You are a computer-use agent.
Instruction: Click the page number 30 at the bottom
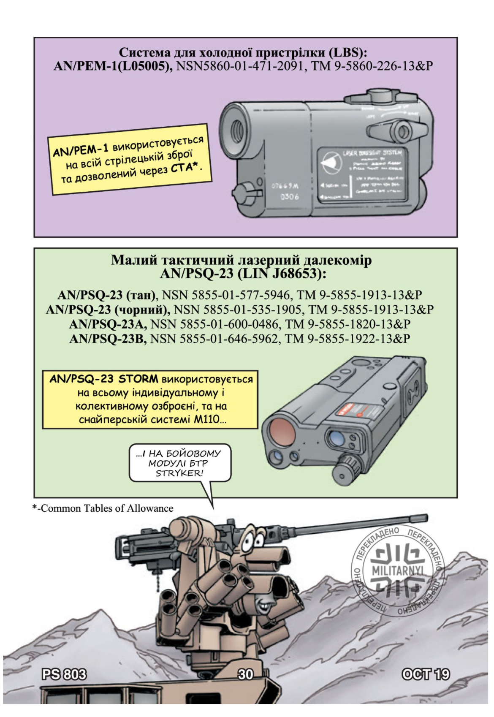coord(245,674)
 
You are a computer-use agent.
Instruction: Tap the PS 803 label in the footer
coord(64,674)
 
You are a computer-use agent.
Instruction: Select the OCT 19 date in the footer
coord(426,674)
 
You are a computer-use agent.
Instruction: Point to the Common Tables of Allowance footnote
coord(103,508)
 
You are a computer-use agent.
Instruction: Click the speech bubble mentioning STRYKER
coord(180,463)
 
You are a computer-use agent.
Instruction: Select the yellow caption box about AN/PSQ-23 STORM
coord(150,399)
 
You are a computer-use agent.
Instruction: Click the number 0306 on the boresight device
coord(290,197)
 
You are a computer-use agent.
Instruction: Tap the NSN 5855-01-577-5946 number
coord(226,295)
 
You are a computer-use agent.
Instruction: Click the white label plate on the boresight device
coord(360,174)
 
